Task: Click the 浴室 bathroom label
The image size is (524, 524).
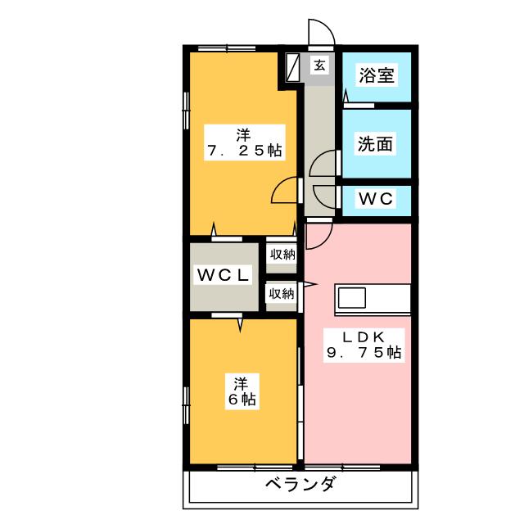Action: point(377,75)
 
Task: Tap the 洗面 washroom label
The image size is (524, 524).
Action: point(375,144)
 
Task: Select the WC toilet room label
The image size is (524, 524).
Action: point(376,198)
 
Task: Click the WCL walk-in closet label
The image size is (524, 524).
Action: point(221,276)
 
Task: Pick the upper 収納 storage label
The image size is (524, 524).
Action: point(282,255)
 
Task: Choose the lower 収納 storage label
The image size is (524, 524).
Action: point(281,293)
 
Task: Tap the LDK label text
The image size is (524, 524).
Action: point(361,335)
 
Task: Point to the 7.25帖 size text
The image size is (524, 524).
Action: point(244,151)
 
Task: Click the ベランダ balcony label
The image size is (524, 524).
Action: point(300,485)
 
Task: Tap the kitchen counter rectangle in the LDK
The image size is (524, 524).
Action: point(373,299)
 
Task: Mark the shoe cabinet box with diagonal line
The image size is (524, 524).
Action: point(293,68)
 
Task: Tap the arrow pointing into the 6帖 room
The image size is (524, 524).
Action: point(241,325)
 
